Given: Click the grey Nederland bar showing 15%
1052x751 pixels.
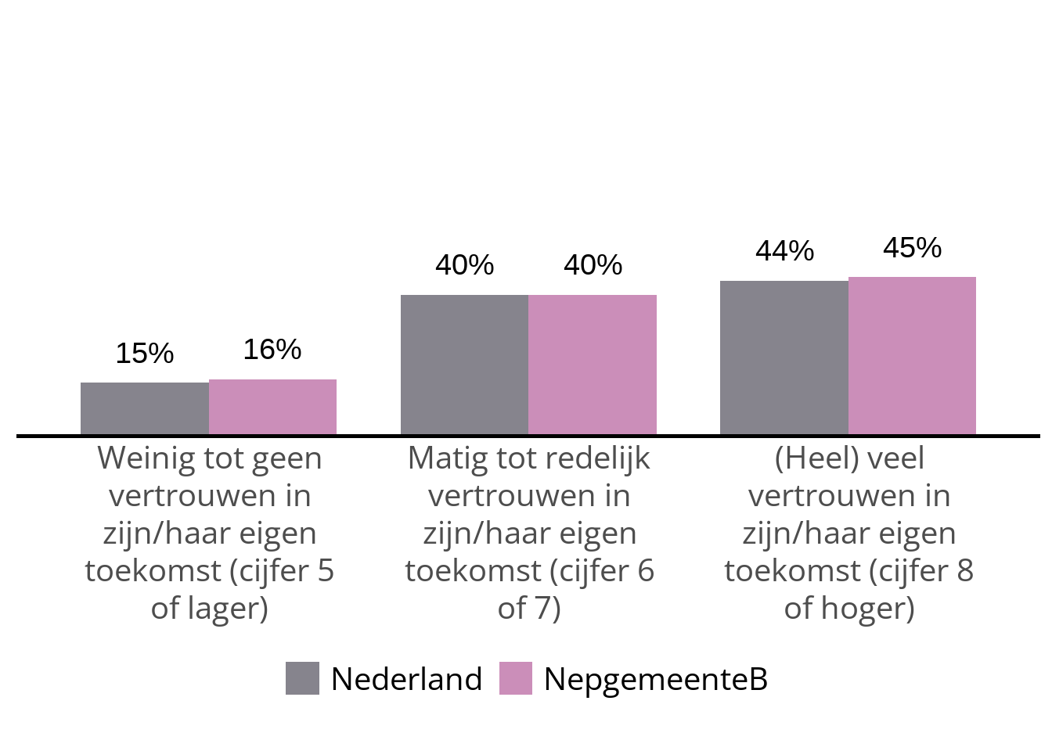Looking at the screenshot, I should pos(145,408).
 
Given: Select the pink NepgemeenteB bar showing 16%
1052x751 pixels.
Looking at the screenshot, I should pos(272,407).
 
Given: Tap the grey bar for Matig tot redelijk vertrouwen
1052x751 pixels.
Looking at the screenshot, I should pos(464,365).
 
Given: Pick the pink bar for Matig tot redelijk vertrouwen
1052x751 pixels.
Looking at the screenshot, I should pos(593,365).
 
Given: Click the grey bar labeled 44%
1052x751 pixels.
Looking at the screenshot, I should pos(784,358).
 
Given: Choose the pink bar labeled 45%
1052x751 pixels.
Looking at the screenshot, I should pos(912,356).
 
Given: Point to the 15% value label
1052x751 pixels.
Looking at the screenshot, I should pos(145,354).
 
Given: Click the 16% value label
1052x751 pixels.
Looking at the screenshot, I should pos(272,350).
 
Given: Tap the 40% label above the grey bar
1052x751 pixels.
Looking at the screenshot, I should pos(464,265).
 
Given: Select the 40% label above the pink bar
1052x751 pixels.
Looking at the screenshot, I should pos(593,265).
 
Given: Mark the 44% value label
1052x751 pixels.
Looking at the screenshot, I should pos(784,251).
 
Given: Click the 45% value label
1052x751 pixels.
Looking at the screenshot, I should pos(912,248).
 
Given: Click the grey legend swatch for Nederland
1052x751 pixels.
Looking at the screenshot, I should pos(302,678).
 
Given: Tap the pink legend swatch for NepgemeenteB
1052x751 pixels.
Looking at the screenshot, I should pos(516,678).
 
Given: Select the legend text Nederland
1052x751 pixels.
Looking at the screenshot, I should pos(406,679).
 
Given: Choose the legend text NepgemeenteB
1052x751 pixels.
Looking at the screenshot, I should pos(656,679).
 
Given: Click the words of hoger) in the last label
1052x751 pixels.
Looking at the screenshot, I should pos(849,609).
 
